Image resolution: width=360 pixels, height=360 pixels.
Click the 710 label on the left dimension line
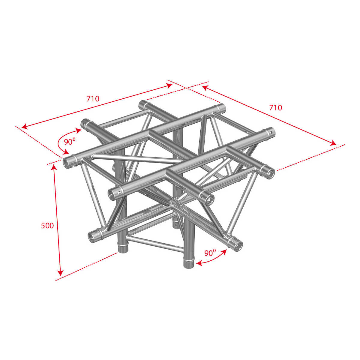[93, 99]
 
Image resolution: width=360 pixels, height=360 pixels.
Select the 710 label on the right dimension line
[276, 108]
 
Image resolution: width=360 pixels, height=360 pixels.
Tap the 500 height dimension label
[47, 226]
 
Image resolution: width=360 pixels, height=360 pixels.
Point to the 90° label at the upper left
[70, 142]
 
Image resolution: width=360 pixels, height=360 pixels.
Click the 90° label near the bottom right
[210, 253]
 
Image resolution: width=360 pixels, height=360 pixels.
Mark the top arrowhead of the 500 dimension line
[54, 167]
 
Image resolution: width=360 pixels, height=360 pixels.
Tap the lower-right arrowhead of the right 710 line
[333, 143]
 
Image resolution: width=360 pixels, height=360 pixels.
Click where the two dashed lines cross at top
[186, 88]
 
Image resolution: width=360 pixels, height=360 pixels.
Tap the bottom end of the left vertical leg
[123, 249]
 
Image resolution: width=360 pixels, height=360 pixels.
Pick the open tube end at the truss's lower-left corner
[92, 237]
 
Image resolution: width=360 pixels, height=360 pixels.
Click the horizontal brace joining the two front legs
[155, 243]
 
